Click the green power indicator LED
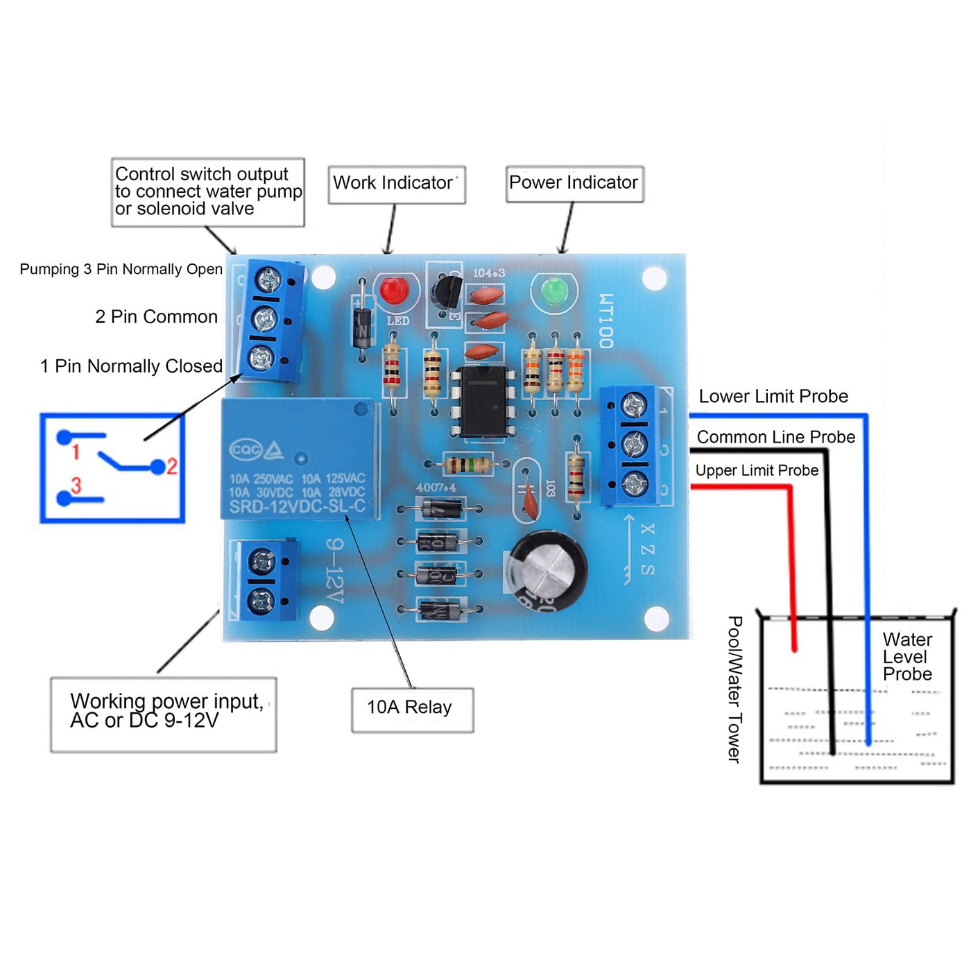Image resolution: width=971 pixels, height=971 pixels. tap(554, 291)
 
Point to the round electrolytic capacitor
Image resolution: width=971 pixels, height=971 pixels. tap(548, 570)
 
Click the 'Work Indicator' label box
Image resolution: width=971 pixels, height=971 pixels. tap(396, 184)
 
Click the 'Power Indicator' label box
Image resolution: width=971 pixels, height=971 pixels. tap(574, 183)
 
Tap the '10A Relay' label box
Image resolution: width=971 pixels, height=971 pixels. tap(412, 709)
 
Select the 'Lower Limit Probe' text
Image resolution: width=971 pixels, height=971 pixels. tap(773, 396)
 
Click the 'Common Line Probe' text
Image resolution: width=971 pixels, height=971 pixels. tap(775, 437)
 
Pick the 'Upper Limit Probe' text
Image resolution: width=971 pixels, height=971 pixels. tap(757, 470)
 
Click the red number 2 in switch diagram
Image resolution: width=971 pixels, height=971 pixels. tap(172, 466)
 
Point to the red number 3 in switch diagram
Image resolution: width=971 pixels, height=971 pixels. tap(76, 486)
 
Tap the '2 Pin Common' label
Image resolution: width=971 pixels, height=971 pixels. tap(157, 317)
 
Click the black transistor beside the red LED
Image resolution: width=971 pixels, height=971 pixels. tap(445, 292)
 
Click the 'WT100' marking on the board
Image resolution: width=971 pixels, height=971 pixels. tap(605, 320)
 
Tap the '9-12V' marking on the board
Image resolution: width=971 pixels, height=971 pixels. tap(335, 571)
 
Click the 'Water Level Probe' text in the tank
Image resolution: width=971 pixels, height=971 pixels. tap(907, 657)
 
